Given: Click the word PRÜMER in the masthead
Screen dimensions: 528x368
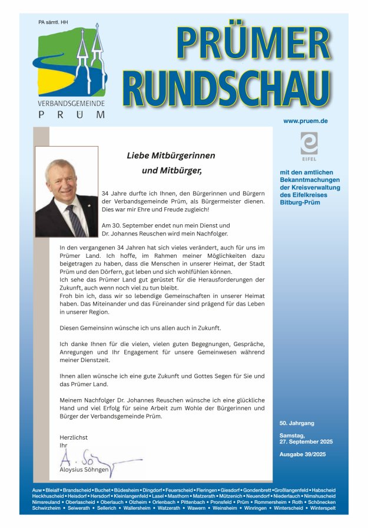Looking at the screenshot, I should coord(253,44).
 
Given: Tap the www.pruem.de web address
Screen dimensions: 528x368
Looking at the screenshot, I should coord(305,121).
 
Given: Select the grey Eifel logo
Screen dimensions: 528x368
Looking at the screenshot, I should coord(309,145).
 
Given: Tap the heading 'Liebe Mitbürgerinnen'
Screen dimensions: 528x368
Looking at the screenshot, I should coord(171,156).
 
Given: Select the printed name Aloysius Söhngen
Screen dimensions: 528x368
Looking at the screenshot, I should coord(84,470).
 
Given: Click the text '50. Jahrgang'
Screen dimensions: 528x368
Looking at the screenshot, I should coord(297,423).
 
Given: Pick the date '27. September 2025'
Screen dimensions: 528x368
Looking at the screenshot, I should coord(306,441).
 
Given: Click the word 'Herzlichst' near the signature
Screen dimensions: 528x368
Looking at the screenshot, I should coord(74,437).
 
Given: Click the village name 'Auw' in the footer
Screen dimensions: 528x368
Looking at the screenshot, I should coord(38,490).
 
